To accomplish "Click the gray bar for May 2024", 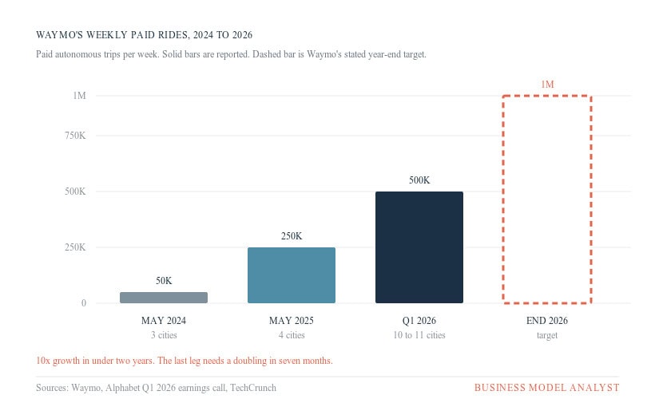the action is pyautogui.click(x=164, y=298).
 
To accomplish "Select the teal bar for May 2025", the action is pyautogui.click(x=292, y=275).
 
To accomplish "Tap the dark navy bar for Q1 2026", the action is pyautogui.click(x=419, y=247).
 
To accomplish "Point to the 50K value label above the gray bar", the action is pyautogui.click(x=164, y=281).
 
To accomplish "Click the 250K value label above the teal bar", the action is pyautogui.click(x=292, y=236).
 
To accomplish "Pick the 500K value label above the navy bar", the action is pyautogui.click(x=419, y=180).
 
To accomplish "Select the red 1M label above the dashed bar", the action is pyautogui.click(x=547, y=85).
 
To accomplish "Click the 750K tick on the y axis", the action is pyautogui.click(x=75, y=136).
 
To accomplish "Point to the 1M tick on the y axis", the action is pyautogui.click(x=79, y=96).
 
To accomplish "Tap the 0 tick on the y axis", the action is pyautogui.click(x=84, y=303).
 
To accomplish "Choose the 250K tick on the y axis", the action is pyautogui.click(x=75, y=247).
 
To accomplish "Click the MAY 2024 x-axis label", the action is pyautogui.click(x=164, y=321).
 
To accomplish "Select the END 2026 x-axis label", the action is pyautogui.click(x=547, y=321).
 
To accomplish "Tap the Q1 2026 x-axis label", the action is pyautogui.click(x=419, y=321).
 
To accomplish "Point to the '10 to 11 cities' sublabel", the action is pyautogui.click(x=419, y=335).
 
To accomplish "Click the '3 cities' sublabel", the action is pyautogui.click(x=164, y=335).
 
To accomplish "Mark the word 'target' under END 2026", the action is pyautogui.click(x=547, y=336).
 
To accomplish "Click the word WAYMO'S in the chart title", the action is pyautogui.click(x=59, y=35).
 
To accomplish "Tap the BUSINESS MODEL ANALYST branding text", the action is pyautogui.click(x=547, y=388).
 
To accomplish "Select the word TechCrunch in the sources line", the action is pyautogui.click(x=253, y=388).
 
